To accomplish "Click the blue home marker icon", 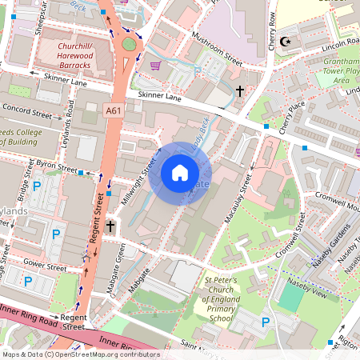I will click(180, 172).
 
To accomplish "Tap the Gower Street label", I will click(44, 265).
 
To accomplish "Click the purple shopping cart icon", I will click(155, 66).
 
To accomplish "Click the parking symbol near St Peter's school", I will click(266, 322).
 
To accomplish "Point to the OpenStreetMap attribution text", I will click(80, 354).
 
